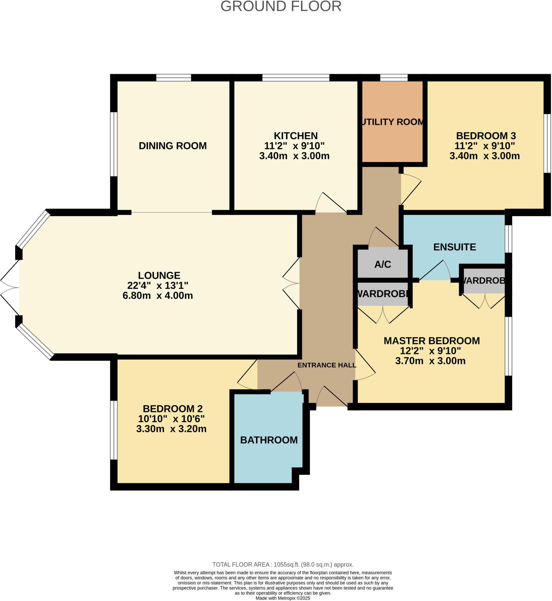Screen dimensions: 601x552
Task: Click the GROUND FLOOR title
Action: [x=281, y=6]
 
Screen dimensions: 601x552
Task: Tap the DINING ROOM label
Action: [x=173, y=146]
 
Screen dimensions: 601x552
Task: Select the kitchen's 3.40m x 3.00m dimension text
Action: [x=294, y=156]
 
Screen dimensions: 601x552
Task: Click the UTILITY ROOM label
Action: [x=392, y=122]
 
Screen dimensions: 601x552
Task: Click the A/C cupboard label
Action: [x=383, y=264]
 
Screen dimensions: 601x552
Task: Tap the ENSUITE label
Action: [x=454, y=247]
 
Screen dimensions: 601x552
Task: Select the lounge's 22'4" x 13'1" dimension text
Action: [x=158, y=286]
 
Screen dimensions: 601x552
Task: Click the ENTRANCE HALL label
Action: [x=326, y=365]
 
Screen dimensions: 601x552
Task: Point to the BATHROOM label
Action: [x=269, y=440]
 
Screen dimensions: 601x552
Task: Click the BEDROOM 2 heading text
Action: [x=173, y=408]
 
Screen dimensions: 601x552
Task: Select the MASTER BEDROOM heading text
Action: [x=432, y=341]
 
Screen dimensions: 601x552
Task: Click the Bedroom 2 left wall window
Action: [x=114, y=430]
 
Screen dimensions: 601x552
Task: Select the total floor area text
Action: [x=283, y=565]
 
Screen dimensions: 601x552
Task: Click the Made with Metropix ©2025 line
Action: [x=283, y=598]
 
